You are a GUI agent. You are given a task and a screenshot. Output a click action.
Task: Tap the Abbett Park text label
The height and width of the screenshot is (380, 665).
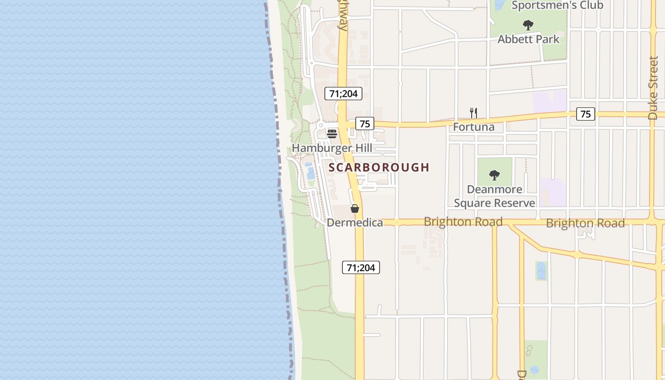click(528, 39)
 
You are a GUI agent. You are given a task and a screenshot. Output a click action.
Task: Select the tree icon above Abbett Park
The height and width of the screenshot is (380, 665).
click(528, 25)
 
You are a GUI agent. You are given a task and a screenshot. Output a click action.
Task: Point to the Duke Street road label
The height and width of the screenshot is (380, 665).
click(653, 88)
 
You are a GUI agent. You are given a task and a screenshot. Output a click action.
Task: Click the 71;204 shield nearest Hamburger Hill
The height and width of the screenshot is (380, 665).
click(343, 94)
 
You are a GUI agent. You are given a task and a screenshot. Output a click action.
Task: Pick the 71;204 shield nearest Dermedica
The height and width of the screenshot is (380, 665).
click(361, 267)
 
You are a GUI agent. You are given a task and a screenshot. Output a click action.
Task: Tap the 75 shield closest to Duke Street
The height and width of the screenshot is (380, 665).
click(585, 114)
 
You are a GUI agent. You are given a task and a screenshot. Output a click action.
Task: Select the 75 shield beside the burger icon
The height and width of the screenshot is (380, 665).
click(364, 124)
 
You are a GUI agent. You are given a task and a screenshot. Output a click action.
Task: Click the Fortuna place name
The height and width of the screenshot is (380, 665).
click(473, 127)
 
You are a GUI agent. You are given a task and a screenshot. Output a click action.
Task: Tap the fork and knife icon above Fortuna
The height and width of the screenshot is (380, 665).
click(473, 113)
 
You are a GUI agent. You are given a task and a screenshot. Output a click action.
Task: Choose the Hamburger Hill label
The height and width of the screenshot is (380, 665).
click(332, 148)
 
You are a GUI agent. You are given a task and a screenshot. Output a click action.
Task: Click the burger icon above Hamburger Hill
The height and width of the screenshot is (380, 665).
click(332, 133)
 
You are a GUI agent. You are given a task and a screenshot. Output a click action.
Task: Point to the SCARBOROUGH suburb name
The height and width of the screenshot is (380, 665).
click(379, 167)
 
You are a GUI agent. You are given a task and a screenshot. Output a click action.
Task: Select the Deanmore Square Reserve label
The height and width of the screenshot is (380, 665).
click(494, 196)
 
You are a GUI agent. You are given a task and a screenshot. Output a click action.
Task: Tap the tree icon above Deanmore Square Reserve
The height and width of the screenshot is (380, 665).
click(494, 175)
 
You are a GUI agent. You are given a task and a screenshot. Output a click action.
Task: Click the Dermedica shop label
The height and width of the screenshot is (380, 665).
click(354, 222)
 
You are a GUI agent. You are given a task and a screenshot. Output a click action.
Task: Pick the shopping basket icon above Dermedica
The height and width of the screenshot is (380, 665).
click(354, 209)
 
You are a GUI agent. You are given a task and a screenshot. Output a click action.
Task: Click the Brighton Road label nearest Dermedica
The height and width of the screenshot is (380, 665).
click(463, 222)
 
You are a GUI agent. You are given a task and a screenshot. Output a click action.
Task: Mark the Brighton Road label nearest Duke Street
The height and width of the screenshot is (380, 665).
click(585, 223)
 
